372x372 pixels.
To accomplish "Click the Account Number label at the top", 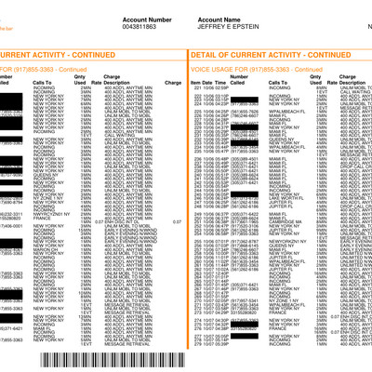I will (x=145, y=17).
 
